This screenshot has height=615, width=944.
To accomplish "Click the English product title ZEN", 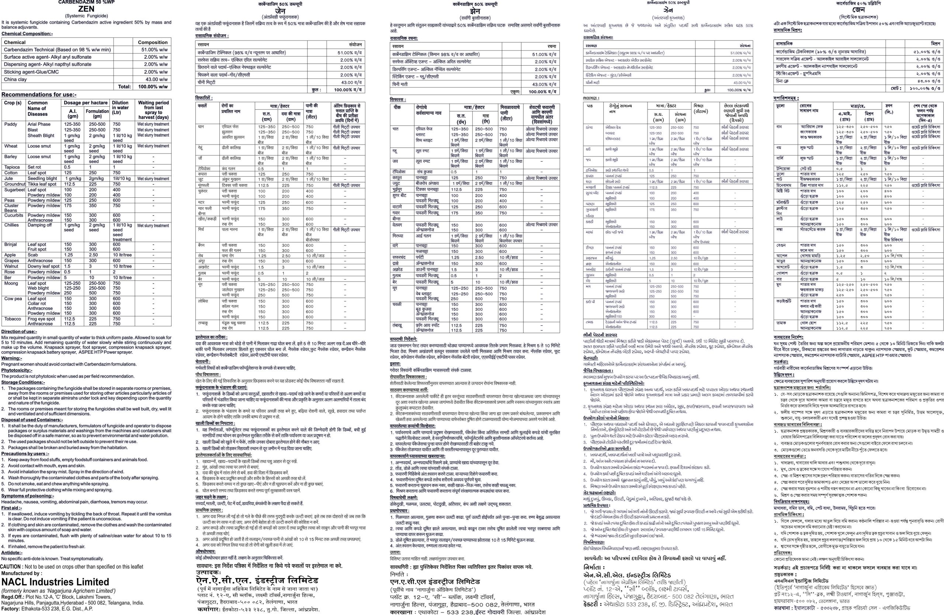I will [x=86, y=9].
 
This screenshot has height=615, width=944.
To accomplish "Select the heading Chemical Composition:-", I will [x=27, y=34].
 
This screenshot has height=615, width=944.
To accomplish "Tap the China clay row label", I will [x=15, y=79].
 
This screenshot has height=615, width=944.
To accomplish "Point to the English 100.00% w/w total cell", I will [x=153, y=86].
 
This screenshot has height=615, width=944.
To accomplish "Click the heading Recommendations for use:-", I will [x=39, y=95].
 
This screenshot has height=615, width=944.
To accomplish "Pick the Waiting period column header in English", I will [x=153, y=110].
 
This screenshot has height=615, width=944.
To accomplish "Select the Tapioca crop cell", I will [x=12, y=167].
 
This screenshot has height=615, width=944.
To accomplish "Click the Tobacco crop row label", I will [x=13, y=319].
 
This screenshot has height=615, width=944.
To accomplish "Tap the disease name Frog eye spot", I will [x=41, y=319].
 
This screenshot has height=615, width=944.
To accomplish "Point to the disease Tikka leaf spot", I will [x=42, y=184].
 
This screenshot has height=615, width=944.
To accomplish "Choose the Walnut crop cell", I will [x=11, y=266].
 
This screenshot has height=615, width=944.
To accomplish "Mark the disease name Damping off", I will [x=40, y=225].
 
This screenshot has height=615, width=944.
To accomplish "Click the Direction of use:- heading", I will [x=19, y=332].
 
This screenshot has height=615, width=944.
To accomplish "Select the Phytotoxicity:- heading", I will [x=17, y=370].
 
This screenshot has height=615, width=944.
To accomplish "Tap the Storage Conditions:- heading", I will [x=23, y=383].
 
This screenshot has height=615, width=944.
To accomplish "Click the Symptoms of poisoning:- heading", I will [x=27, y=496].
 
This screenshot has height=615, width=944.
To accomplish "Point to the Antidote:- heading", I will [x=12, y=552].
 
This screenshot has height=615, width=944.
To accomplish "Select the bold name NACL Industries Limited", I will [x=55, y=582].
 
